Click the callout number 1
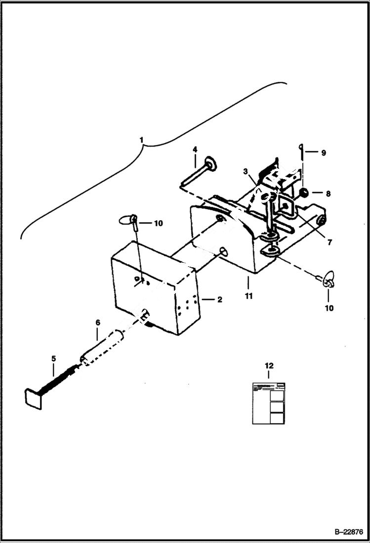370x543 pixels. [142, 141]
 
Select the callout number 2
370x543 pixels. [219, 299]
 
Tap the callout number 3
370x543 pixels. [245, 171]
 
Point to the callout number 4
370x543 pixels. [195, 149]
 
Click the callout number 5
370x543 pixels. [53, 358]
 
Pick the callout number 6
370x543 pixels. [97, 322]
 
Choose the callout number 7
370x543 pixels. [329, 243]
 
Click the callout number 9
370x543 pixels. [324, 153]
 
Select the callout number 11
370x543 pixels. [248, 296]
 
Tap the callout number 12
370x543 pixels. [269, 366]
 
